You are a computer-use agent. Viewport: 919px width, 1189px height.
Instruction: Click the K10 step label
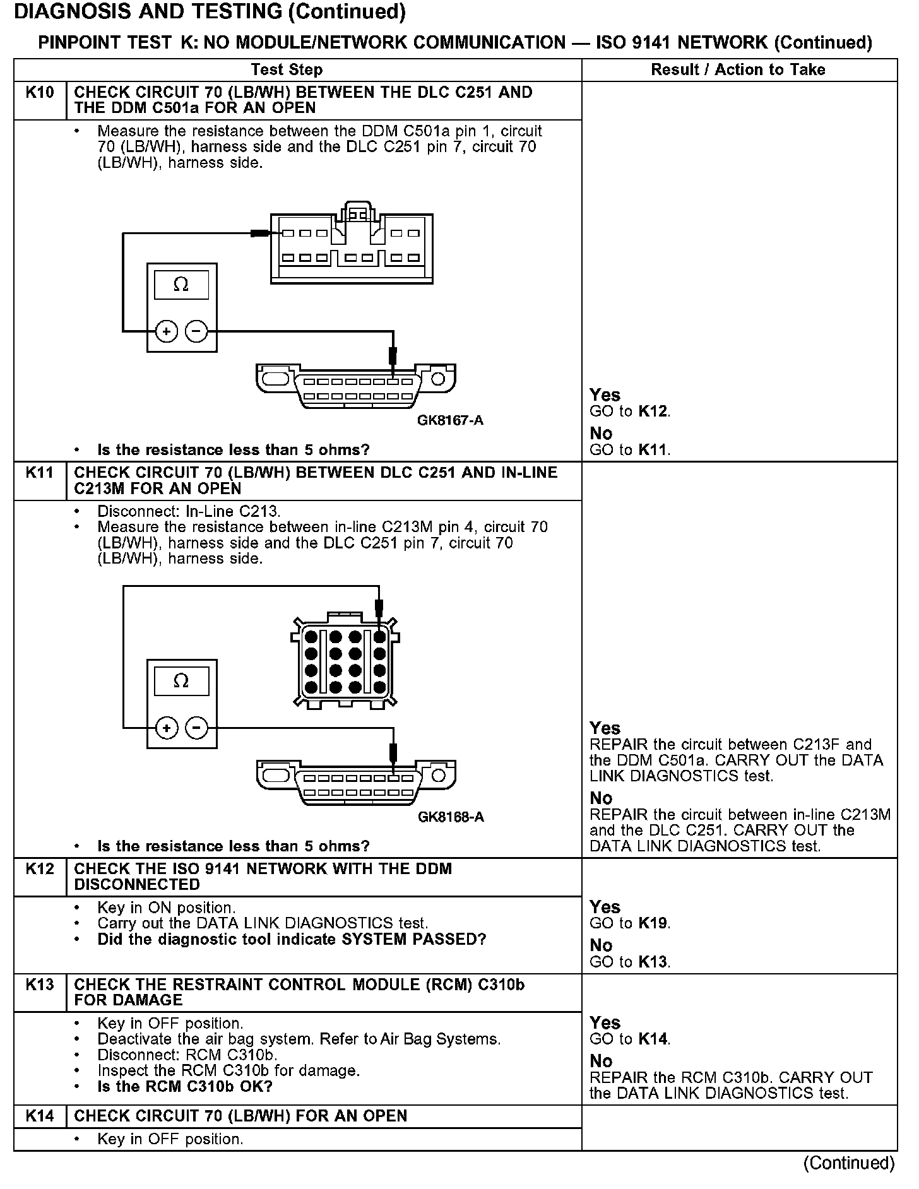[x=40, y=93]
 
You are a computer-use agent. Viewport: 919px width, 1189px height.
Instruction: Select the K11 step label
[x=40, y=473]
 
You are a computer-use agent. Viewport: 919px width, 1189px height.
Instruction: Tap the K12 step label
[x=40, y=869]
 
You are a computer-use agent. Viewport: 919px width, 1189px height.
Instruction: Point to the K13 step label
[x=40, y=985]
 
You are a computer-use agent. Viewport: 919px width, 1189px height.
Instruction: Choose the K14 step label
[x=40, y=1116]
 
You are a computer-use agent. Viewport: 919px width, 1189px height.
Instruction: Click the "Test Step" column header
[x=287, y=69]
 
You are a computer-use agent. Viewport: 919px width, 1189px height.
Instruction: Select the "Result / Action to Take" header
[x=738, y=69]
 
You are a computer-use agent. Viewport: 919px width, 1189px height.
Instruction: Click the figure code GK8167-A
[x=450, y=420]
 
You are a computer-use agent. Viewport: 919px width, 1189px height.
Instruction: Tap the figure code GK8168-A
[x=451, y=817]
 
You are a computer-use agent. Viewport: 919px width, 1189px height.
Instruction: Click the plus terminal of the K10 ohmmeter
[x=167, y=331]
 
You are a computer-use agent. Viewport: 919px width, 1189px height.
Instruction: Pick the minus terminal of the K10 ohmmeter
[x=197, y=331]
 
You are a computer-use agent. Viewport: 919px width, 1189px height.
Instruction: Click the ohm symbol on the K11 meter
[x=181, y=681]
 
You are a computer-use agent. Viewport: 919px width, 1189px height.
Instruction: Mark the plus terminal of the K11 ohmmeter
[x=167, y=728]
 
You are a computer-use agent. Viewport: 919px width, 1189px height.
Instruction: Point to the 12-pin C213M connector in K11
[x=345, y=661]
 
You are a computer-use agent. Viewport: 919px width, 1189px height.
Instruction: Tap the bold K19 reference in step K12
[x=653, y=923]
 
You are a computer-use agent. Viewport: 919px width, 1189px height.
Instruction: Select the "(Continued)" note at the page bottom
[x=849, y=1162]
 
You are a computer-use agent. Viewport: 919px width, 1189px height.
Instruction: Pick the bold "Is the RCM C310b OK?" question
[x=185, y=1086]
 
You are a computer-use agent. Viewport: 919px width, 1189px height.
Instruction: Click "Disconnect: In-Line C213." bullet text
[x=189, y=511]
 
